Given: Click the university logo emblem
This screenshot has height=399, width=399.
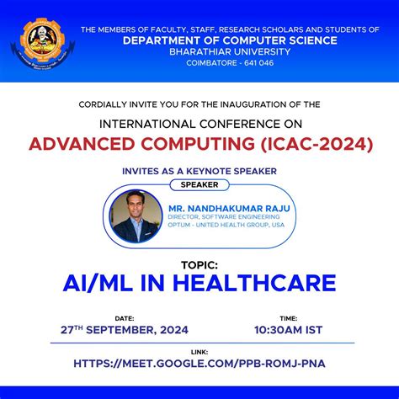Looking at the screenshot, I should point(39,41).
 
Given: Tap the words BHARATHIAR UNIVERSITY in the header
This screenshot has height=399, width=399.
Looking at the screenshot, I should point(229,53).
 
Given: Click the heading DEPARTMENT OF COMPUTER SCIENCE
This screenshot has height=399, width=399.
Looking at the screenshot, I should point(230,40).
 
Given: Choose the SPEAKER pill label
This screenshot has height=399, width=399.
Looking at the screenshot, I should point(199,184).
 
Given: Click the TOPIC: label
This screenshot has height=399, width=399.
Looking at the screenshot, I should point(199,263).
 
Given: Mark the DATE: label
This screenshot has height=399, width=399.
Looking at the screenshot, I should point(124,319).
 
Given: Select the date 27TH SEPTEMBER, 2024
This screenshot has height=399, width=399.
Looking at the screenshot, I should point(124,330).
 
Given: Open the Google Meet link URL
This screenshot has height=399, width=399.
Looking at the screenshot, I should point(199,364).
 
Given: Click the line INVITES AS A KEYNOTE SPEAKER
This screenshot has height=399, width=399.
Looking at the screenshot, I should point(199,171).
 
